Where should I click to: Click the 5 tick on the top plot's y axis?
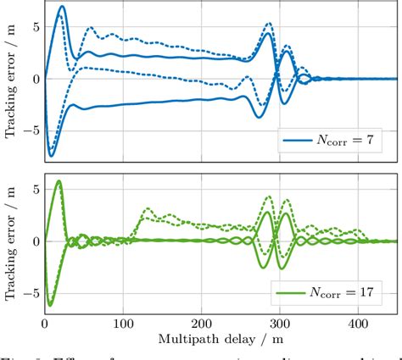point(34,26)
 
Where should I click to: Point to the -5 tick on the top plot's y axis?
point(31,131)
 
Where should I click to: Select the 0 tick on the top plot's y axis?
point(34,79)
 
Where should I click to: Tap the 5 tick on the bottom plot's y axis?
point(34,189)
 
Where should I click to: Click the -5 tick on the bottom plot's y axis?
point(31,293)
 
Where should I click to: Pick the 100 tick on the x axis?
point(123,324)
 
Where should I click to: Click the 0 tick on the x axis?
point(44,324)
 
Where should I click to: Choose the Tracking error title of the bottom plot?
point(10,241)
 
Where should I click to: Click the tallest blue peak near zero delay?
point(61,7)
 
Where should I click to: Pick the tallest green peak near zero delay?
point(59,180)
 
